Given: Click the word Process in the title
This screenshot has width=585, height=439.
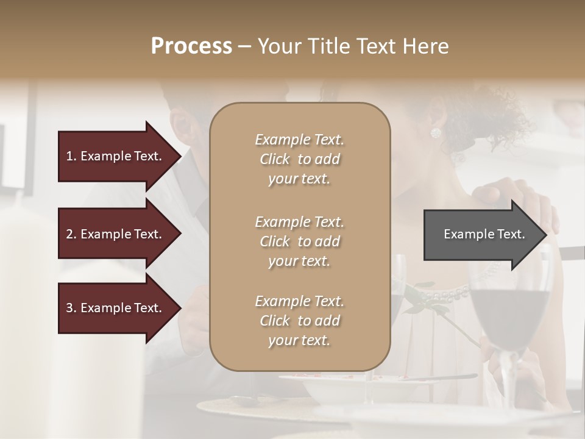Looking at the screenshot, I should point(191,46).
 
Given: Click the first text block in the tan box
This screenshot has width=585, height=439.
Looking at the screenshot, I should point(300,159).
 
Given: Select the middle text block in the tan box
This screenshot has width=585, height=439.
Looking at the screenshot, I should point(300,241).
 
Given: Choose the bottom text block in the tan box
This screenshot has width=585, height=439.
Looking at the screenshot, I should point(300,321).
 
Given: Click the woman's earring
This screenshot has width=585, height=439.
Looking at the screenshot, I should point(436,133).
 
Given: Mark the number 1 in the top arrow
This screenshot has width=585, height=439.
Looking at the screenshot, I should point(69,157).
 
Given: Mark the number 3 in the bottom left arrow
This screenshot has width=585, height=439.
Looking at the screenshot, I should point(69,309).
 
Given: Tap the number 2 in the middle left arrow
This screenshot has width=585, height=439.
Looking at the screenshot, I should point(69,235).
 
